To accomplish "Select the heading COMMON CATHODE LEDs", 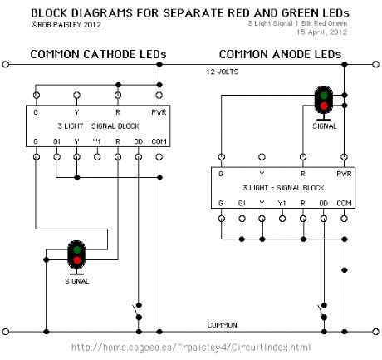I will [98, 54].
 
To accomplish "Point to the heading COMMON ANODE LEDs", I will [280, 54].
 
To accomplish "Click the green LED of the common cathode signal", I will [77, 249].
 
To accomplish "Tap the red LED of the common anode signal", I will [323, 105].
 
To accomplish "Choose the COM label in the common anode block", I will [344, 202].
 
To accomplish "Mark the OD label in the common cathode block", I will [138, 141].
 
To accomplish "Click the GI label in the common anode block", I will [242, 202].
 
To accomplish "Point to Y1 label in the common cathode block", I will [97, 141].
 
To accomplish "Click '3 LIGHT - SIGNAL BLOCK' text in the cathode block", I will [97, 125].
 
